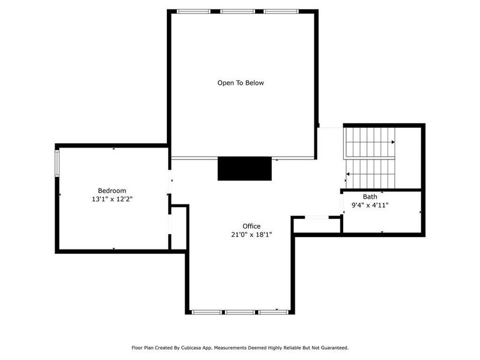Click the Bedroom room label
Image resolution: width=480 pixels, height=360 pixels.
(x=112, y=191)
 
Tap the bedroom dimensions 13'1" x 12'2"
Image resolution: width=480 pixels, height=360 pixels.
(x=112, y=199)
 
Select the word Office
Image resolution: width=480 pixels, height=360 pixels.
(x=252, y=226)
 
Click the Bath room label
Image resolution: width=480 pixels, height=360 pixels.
(x=370, y=197)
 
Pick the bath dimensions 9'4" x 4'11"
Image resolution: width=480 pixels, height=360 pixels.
(x=370, y=205)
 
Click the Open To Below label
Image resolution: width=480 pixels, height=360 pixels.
(x=241, y=83)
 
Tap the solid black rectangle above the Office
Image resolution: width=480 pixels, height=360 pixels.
(x=245, y=169)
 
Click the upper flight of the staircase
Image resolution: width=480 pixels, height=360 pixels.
(x=368, y=142)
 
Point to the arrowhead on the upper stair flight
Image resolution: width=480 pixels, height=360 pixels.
(x=393, y=142)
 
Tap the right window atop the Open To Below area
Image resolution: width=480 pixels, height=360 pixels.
(x=281, y=11)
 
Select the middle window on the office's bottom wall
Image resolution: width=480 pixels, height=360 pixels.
(x=241, y=312)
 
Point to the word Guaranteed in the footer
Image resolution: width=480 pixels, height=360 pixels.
(x=333, y=347)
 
